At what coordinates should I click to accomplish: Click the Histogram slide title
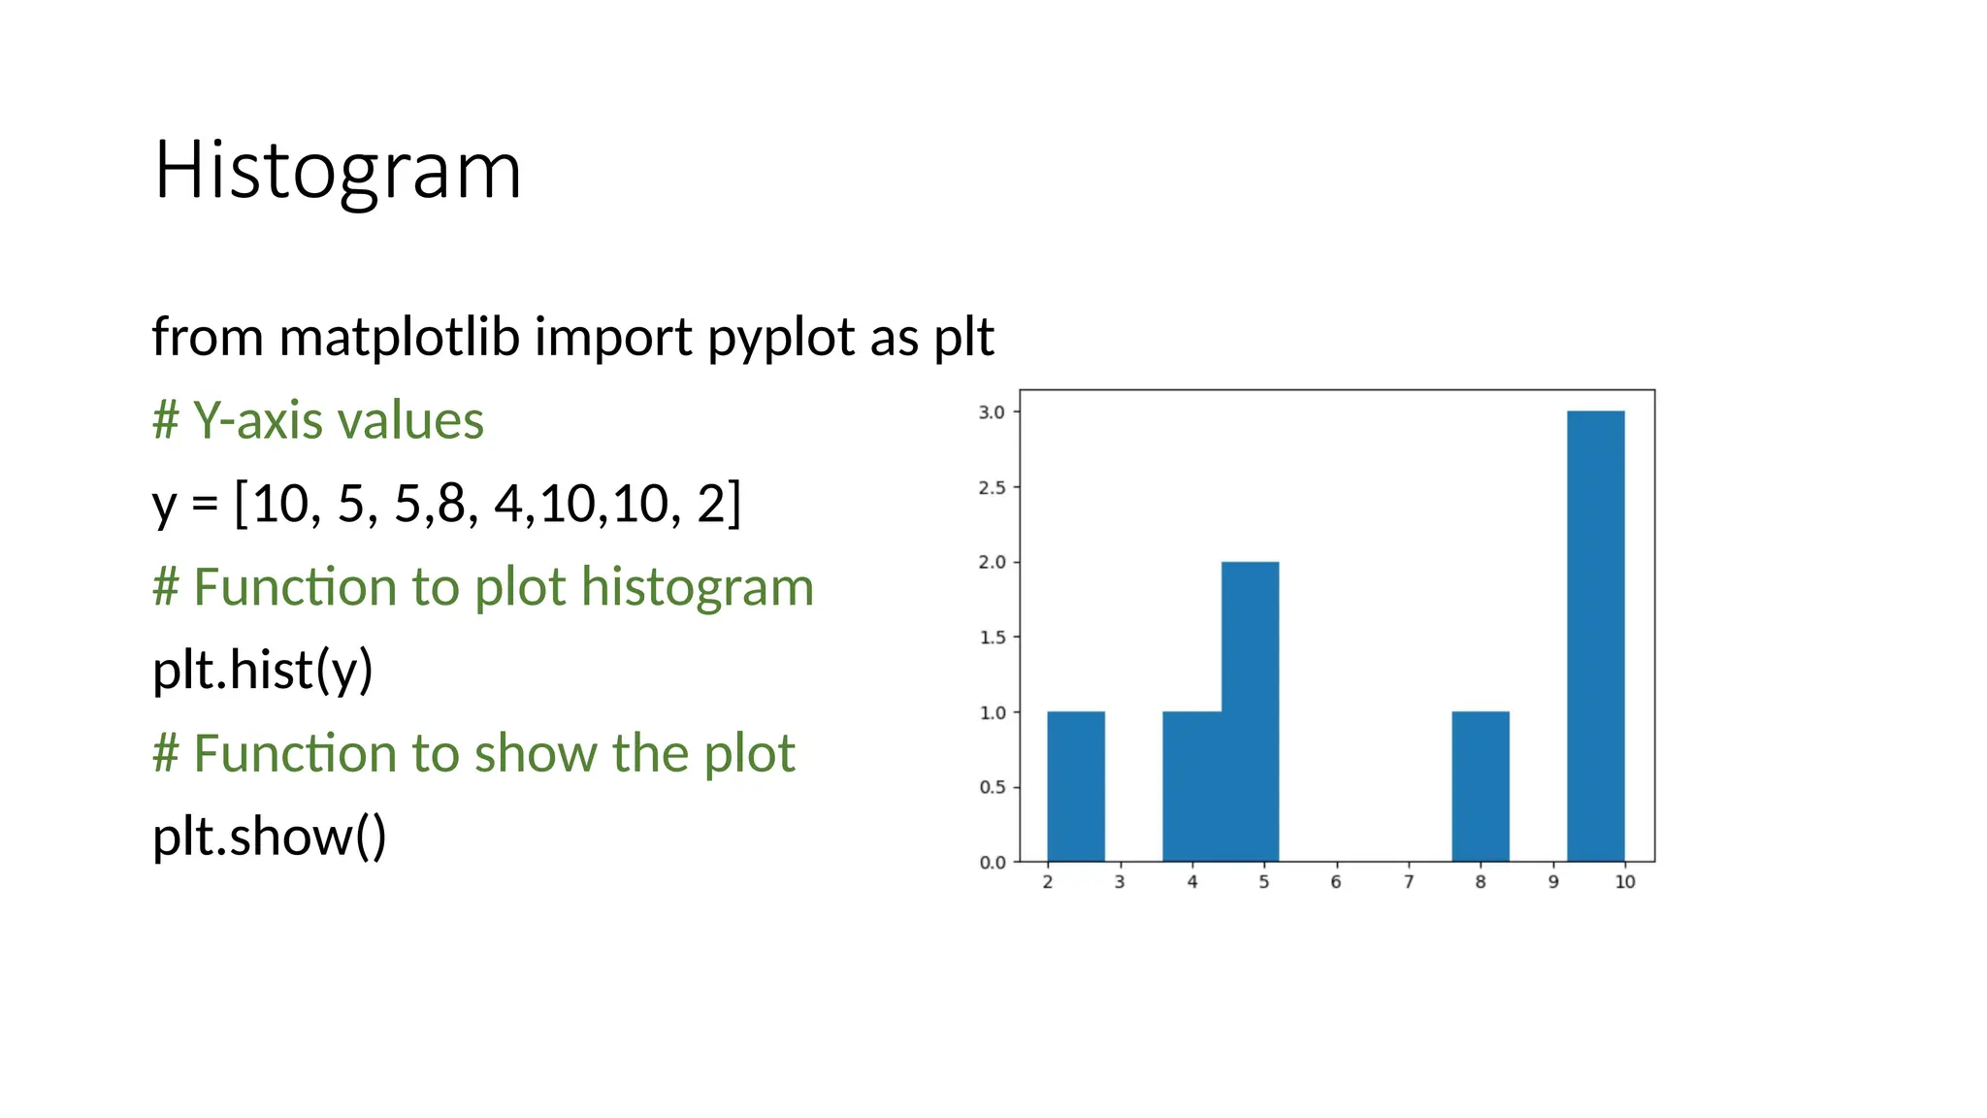pyautogui.click(x=338, y=171)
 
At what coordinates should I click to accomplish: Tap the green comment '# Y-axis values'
pyautogui.click(x=318, y=420)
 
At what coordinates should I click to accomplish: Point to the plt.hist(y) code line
pyautogui.click(x=262, y=670)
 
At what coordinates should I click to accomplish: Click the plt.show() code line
pyautogui.click(x=269, y=836)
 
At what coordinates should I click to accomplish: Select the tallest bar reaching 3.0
pyautogui.click(x=1595, y=636)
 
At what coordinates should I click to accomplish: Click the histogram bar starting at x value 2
pyautogui.click(x=1075, y=786)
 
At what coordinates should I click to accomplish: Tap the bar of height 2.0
pyautogui.click(x=1250, y=710)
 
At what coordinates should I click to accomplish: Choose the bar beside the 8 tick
pyautogui.click(x=1480, y=786)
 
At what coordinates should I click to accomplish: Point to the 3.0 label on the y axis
pyautogui.click(x=992, y=412)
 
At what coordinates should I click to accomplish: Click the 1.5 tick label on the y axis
pyautogui.click(x=992, y=638)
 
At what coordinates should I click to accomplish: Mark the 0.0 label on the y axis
pyautogui.click(x=992, y=862)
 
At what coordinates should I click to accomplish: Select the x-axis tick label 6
pyautogui.click(x=1336, y=882)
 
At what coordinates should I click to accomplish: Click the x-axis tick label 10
pyautogui.click(x=1625, y=882)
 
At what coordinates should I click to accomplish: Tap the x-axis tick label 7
pyautogui.click(x=1409, y=882)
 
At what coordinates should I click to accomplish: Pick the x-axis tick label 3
pyautogui.click(x=1120, y=882)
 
